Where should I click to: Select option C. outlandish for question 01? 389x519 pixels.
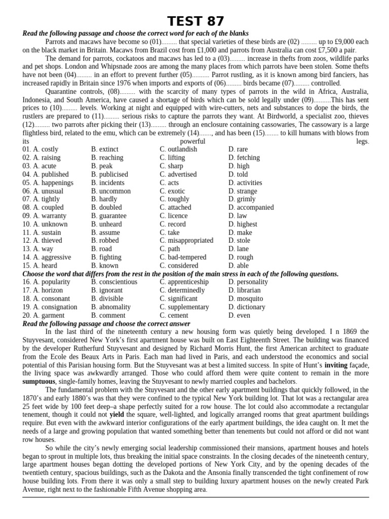click(178, 150)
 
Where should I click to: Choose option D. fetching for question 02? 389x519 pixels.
click(244, 158)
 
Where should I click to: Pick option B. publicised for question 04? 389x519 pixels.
click(109, 174)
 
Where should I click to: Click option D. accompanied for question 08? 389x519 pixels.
click(251, 207)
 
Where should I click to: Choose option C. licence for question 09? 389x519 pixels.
click(173, 216)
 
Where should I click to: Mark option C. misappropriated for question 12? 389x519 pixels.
click(186, 241)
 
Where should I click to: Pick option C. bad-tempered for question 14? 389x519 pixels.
click(182, 257)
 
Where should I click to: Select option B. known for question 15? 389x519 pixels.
click(105, 266)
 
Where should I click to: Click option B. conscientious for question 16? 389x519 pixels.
click(114, 282)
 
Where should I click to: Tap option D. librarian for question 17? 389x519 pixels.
click(244, 290)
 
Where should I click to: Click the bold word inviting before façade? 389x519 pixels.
click(336, 365)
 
